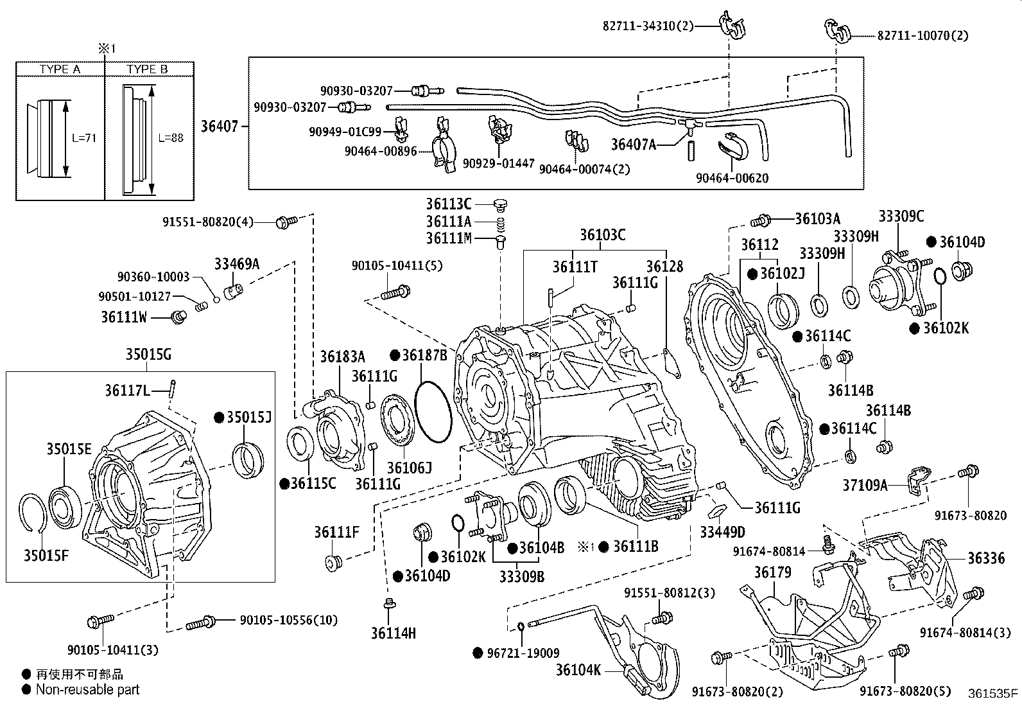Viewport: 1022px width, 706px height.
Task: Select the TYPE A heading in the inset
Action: click(60, 69)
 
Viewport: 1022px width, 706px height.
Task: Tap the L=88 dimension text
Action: click(171, 137)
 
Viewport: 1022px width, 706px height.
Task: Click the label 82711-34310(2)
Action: click(648, 26)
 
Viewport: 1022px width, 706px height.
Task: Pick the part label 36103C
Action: click(602, 235)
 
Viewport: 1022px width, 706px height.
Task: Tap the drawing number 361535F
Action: click(992, 693)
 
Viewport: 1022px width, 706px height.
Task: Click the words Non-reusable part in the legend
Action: click(87, 690)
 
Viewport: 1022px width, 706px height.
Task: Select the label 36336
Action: click(987, 558)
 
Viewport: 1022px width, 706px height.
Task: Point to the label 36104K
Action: click(578, 671)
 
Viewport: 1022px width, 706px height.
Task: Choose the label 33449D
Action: click(723, 532)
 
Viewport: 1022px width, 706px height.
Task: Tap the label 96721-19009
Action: click(523, 653)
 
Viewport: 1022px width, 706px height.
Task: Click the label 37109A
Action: click(865, 486)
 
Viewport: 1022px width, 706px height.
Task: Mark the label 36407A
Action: click(634, 145)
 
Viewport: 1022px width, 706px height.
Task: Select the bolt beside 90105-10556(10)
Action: click(201, 622)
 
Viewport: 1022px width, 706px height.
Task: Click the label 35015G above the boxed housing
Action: click(148, 354)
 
